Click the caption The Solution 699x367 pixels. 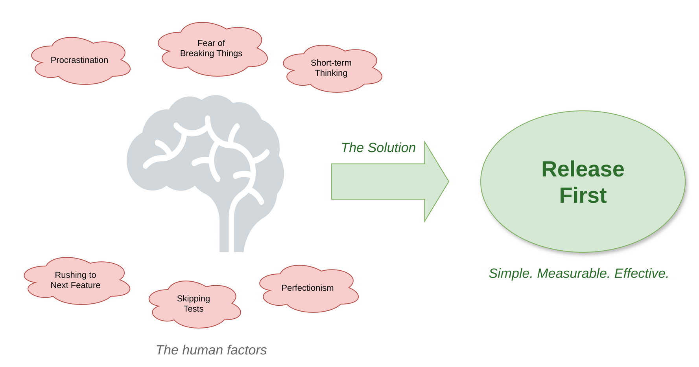pos(378,148)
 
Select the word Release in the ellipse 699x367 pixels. pos(583,169)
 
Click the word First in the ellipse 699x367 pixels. pos(583,195)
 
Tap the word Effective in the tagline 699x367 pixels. pos(641,273)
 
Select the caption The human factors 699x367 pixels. pos(211,350)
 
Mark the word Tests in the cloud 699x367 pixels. pos(194,309)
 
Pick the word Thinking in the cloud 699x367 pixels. pos(331,73)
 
